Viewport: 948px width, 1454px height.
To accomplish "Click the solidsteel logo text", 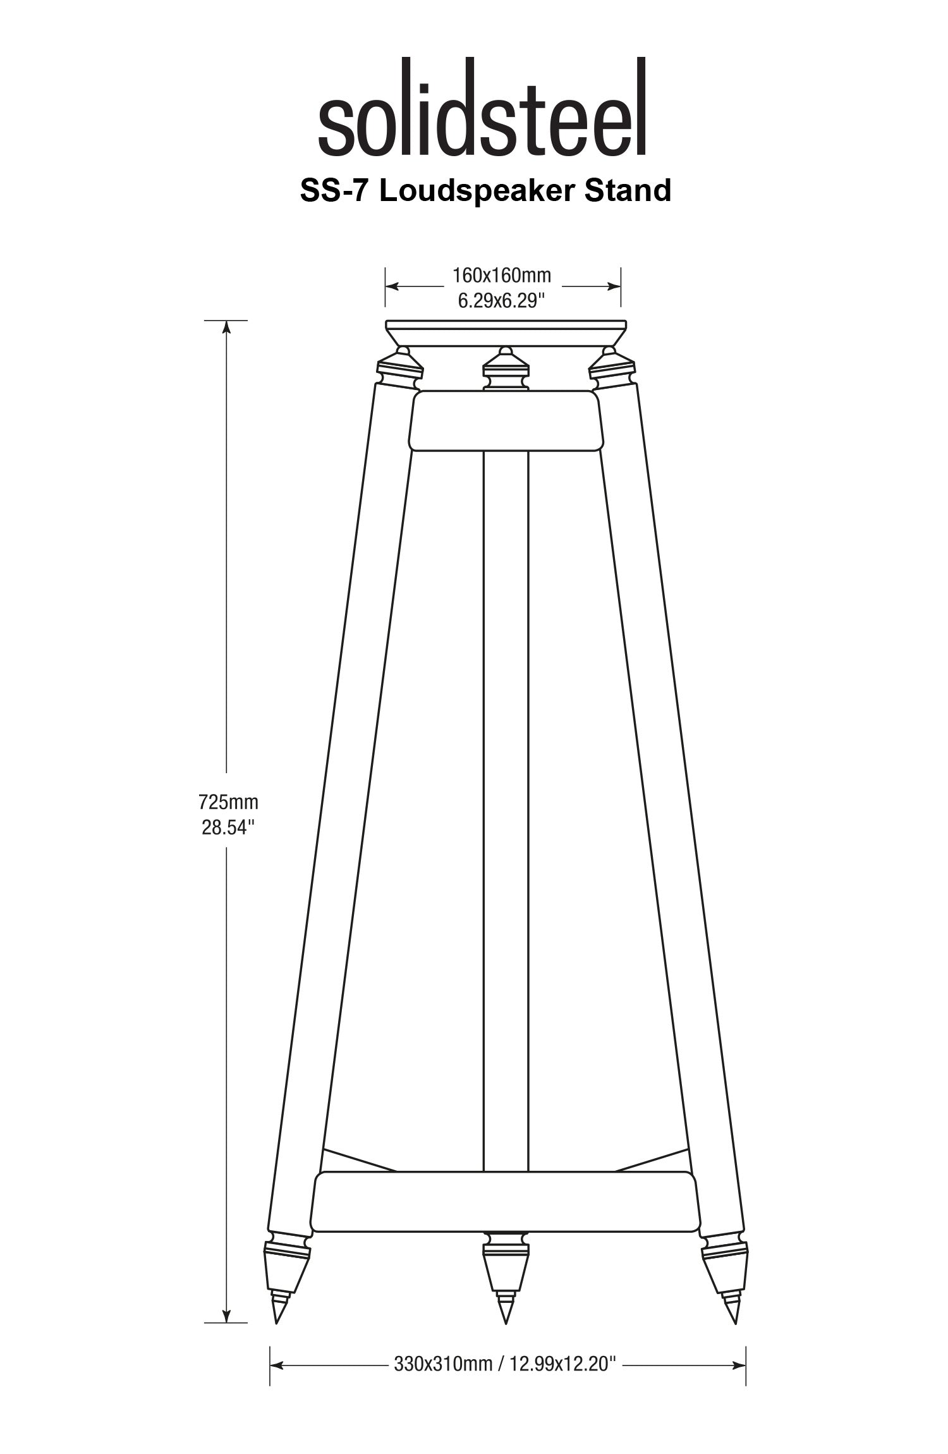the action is [483, 107].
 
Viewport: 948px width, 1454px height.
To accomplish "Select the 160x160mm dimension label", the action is [502, 276].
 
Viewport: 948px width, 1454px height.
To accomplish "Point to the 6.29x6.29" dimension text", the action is [502, 300].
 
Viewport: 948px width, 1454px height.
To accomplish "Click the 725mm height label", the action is [228, 802].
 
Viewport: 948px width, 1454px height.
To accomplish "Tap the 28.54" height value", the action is [228, 827].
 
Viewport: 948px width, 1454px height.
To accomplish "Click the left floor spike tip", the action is [276, 1322].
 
